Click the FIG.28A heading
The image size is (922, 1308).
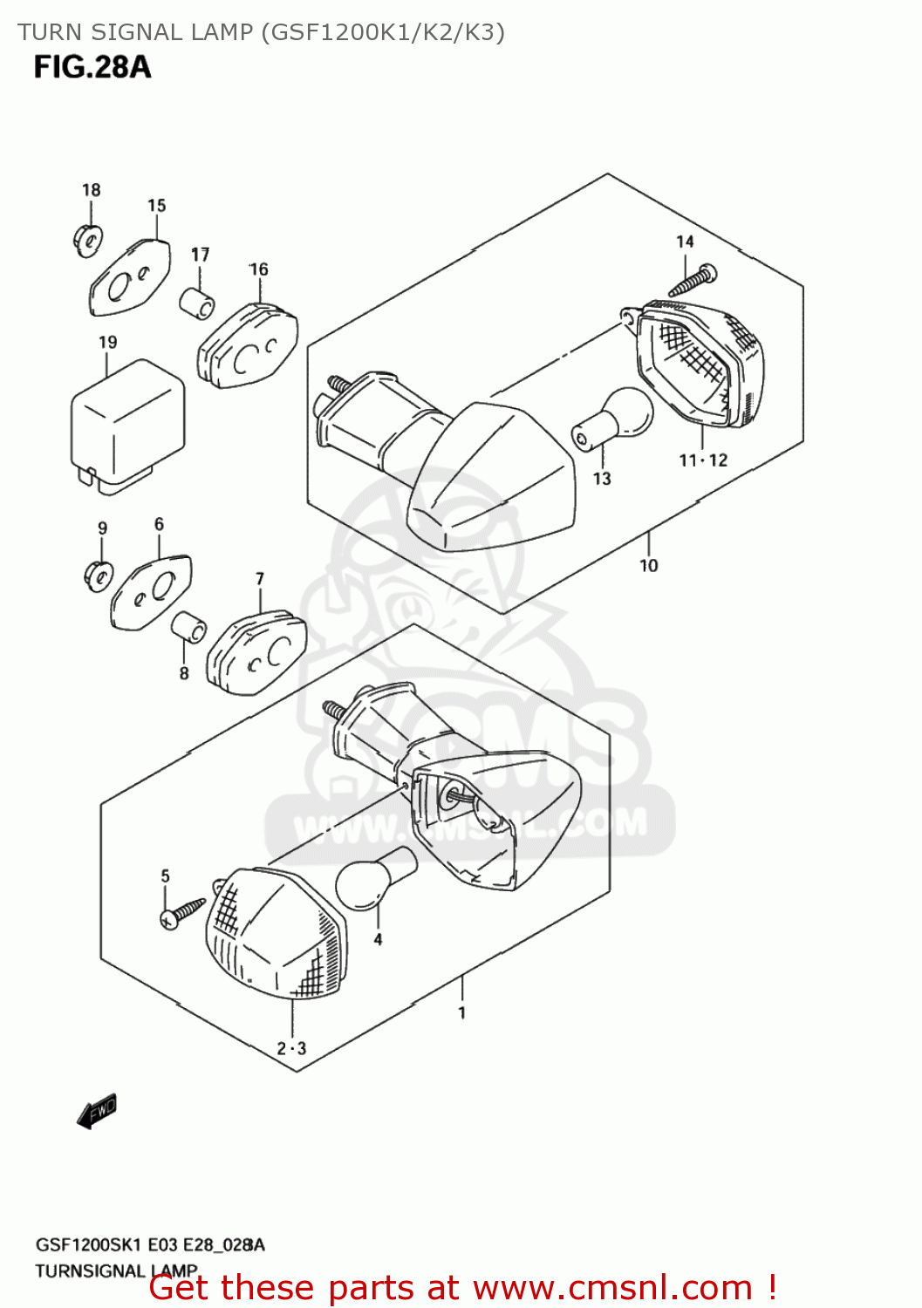point(92,67)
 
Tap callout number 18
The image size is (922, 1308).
point(91,190)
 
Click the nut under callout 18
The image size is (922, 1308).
point(86,237)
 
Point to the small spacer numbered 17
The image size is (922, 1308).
point(197,302)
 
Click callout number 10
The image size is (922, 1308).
point(648,566)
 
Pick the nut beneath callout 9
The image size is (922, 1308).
point(98,575)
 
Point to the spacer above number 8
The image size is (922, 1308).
point(188,628)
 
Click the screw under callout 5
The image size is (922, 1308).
point(182,912)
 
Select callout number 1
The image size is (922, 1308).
point(461,1013)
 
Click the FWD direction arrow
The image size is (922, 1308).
point(97,1111)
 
